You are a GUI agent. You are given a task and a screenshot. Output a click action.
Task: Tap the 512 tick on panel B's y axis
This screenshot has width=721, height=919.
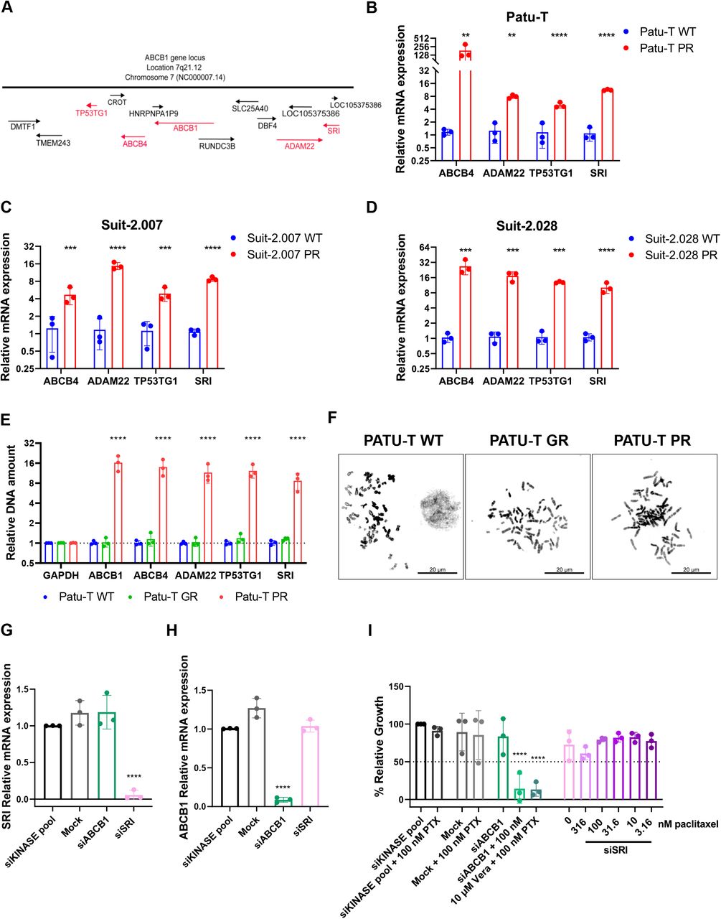(421, 38)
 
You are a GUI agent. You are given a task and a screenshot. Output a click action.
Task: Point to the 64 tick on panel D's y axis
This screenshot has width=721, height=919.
(424, 248)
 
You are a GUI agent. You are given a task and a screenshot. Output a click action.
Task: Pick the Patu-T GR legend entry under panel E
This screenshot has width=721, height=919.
(166, 597)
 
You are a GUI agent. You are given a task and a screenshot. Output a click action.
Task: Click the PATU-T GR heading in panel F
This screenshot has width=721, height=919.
(529, 440)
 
